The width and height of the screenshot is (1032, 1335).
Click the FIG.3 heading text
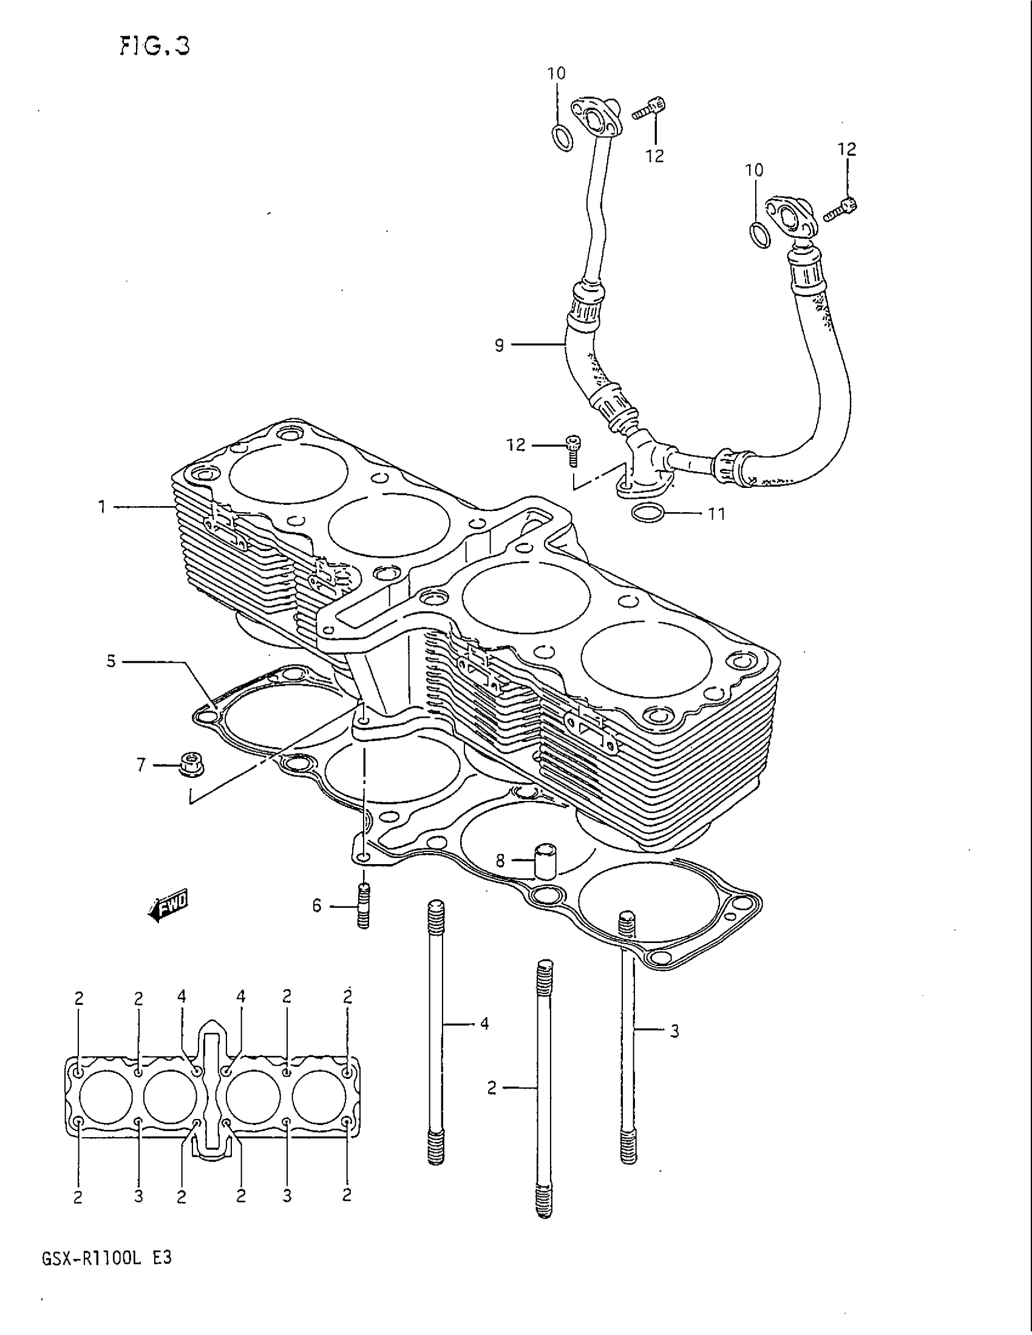point(154,46)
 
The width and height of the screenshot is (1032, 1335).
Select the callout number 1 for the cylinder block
point(103,507)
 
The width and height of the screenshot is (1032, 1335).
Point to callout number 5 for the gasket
point(110,661)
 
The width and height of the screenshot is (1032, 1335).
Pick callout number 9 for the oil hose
point(500,345)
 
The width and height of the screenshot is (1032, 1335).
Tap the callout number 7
point(141,764)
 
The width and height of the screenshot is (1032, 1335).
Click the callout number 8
point(500,860)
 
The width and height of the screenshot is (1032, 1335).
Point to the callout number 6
point(317,905)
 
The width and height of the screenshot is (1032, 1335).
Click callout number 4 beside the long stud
point(484,1023)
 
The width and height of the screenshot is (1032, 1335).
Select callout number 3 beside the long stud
point(674,1031)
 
